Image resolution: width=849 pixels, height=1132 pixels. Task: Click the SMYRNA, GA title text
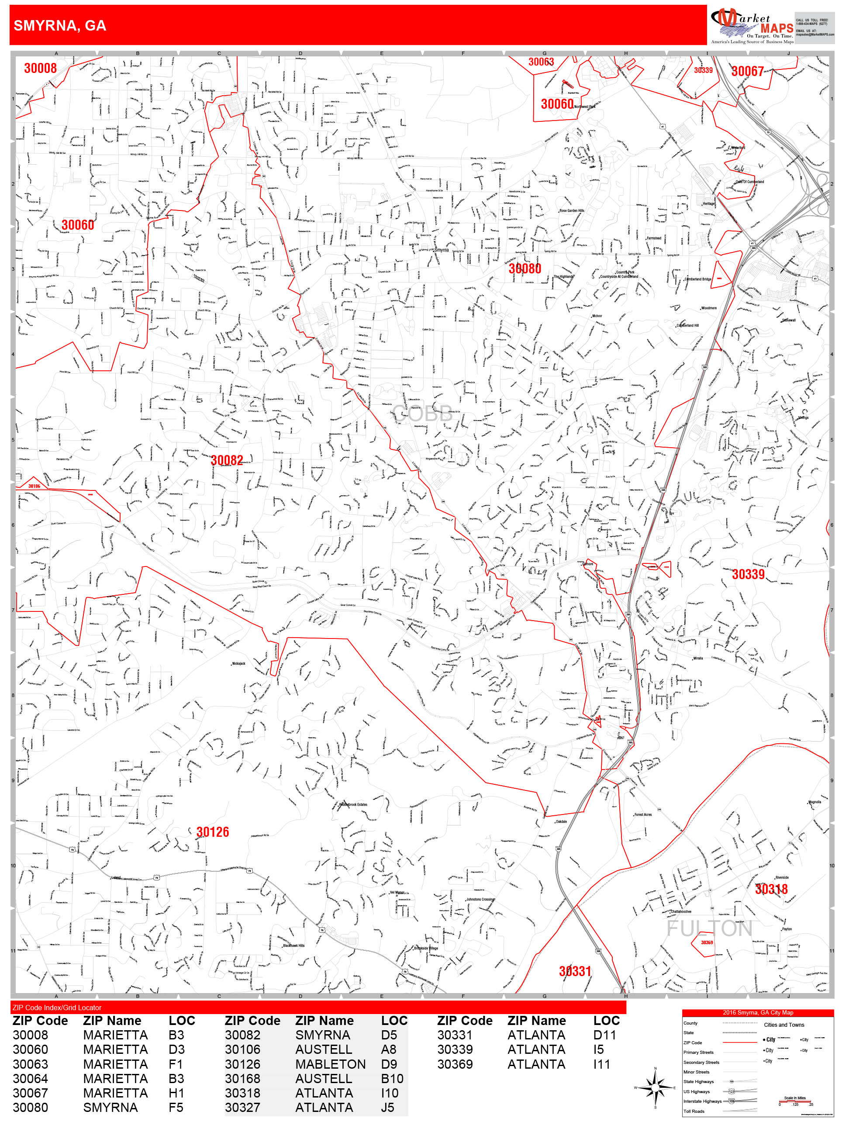pyautogui.click(x=60, y=26)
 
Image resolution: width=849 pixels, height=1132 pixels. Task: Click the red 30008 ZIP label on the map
pyautogui.click(x=41, y=68)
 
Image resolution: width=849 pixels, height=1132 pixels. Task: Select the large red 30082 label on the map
pyautogui.click(x=227, y=460)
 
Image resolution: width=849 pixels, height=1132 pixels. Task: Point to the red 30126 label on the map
pyautogui.click(x=212, y=832)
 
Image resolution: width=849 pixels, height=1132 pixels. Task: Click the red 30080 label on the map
pyautogui.click(x=525, y=268)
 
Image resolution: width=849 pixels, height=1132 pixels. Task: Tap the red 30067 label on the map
pyautogui.click(x=747, y=71)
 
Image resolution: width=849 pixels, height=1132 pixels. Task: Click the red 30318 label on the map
pyautogui.click(x=771, y=889)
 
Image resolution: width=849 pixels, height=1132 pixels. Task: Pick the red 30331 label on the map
pyautogui.click(x=575, y=971)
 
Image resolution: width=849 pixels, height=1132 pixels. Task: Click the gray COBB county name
pyautogui.click(x=422, y=414)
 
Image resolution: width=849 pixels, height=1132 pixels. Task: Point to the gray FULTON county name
pyautogui.click(x=709, y=928)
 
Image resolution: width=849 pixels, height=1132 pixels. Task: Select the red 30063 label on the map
pyautogui.click(x=541, y=62)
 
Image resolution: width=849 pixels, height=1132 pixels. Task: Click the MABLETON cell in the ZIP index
pyautogui.click(x=330, y=1064)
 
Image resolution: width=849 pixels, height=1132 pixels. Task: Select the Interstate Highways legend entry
pyautogui.click(x=702, y=1101)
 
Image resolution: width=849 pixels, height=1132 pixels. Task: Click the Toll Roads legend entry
pyautogui.click(x=694, y=1111)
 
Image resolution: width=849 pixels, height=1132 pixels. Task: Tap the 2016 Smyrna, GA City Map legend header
pyautogui.click(x=757, y=1012)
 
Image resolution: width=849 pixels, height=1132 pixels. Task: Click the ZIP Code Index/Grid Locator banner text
pyautogui.click(x=57, y=1007)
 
